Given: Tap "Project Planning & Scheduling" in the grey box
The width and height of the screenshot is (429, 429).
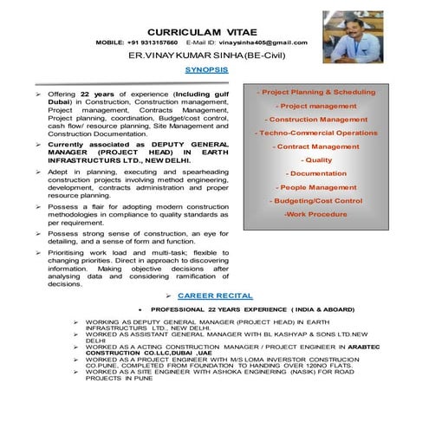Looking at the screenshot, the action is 318,92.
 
